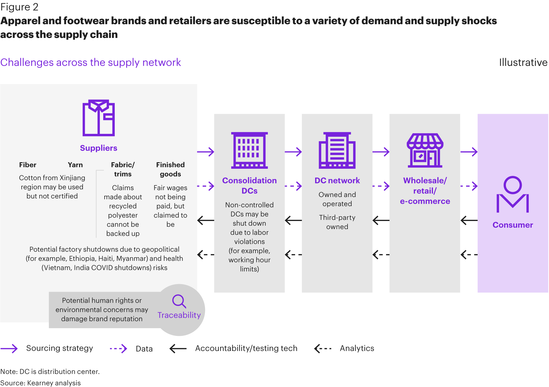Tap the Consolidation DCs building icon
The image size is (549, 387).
[249, 150]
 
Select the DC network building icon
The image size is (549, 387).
[337, 150]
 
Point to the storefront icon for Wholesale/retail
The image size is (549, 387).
[425, 150]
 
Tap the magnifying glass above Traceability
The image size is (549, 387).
[179, 301]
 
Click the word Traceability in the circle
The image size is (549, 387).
[179, 315]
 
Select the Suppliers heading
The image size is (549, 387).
[99, 148]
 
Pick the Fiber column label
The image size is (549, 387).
[28, 165]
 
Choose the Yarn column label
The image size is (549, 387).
[75, 165]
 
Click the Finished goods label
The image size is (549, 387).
[170, 169]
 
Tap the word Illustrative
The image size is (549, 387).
[523, 62]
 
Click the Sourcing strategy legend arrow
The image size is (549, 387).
[9, 349]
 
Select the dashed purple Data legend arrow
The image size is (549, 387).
[118, 349]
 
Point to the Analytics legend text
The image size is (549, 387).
[357, 348]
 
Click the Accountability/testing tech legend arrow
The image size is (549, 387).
[178, 349]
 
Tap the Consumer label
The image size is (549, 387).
[513, 225]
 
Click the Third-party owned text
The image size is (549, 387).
[337, 222]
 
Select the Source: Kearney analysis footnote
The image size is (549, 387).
[41, 383]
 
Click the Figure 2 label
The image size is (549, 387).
[19, 7]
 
